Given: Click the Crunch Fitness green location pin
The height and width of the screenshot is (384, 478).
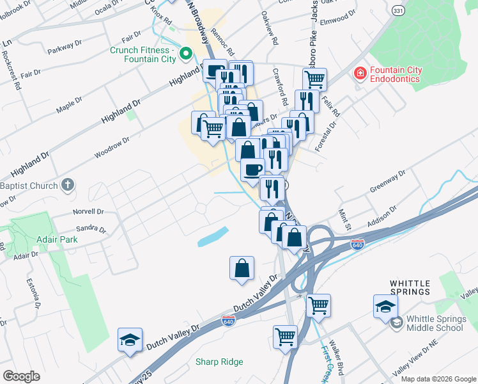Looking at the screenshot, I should pos(187,54).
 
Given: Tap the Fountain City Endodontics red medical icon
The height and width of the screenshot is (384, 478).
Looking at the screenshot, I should pos(360,74).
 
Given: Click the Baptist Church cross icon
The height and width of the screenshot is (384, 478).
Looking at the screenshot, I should pos(68,186).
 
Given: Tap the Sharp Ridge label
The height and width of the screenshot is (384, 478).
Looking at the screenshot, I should pos(219,362).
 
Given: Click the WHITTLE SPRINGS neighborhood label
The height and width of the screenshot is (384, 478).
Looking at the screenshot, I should pos(419,292).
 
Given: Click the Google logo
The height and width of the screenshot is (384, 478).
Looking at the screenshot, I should pos(20,376).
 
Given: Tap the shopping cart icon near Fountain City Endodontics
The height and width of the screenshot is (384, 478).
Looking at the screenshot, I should pos(314,79).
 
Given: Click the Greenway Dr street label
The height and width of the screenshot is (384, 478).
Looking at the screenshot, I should pos(389,182).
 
